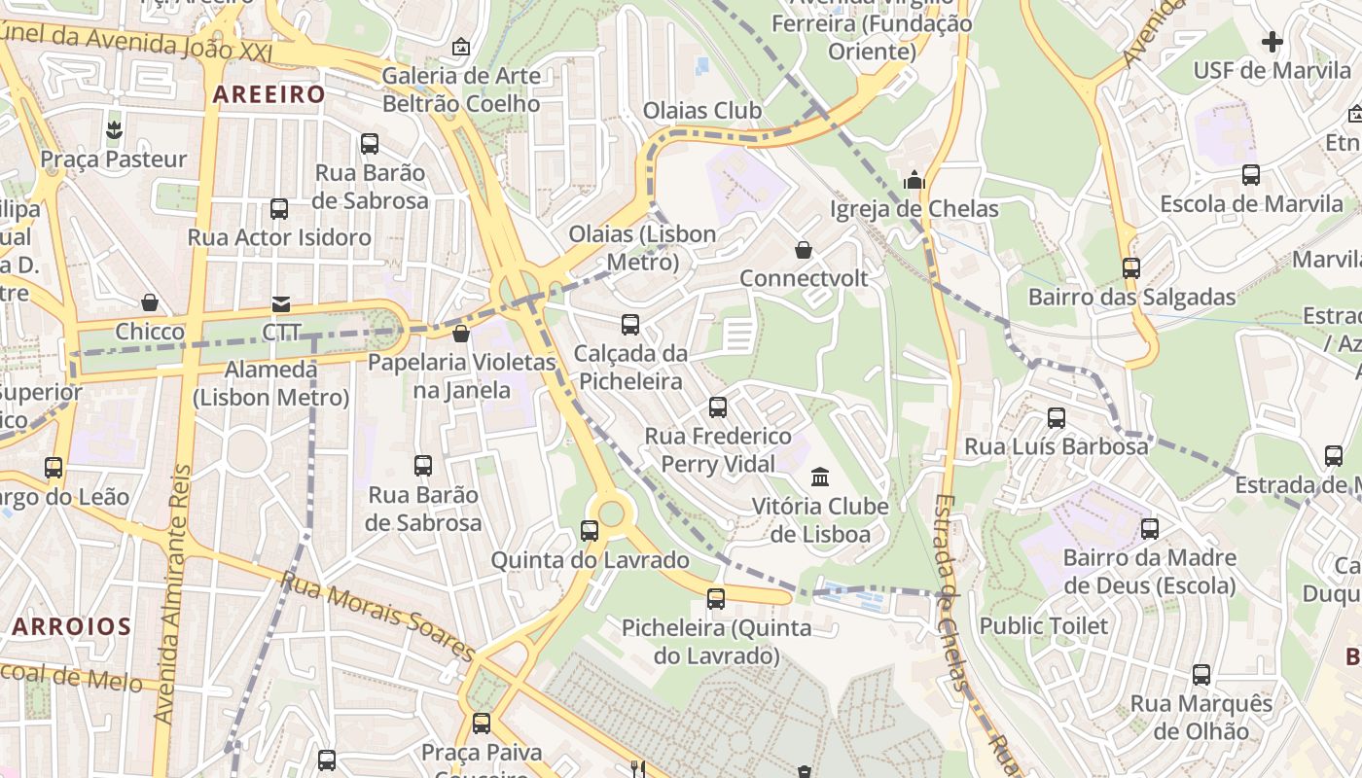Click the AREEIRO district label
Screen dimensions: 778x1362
[x=269, y=94]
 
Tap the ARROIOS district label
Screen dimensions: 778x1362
[x=71, y=626]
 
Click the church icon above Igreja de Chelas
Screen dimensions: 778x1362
[x=913, y=180]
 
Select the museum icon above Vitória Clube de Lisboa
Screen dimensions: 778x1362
[x=820, y=477]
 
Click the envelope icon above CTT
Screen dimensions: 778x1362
[x=281, y=304]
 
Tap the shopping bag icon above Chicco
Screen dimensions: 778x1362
[x=149, y=302]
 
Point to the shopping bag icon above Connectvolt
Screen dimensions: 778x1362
[x=804, y=250]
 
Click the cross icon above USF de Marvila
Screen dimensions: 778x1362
[x=1272, y=42]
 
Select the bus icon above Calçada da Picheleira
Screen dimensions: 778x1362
[x=630, y=324]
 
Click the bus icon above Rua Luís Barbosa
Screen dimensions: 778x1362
[x=1056, y=418]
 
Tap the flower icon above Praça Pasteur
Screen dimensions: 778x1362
[x=114, y=130]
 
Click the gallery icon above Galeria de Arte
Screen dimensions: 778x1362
[x=461, y=47]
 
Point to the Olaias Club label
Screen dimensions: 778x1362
[x=702, y=110]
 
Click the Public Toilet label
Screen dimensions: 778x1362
[x=1044, y=625]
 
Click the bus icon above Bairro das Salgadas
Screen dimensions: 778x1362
[x=1130, y=267]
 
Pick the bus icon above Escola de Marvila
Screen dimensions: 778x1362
[x=1251, y=175]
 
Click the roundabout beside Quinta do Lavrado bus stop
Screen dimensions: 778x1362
[x=611, y=513]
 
